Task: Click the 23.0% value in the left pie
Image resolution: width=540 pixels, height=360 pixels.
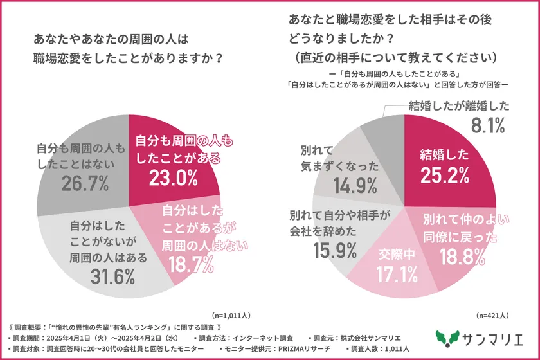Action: [173, 178]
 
